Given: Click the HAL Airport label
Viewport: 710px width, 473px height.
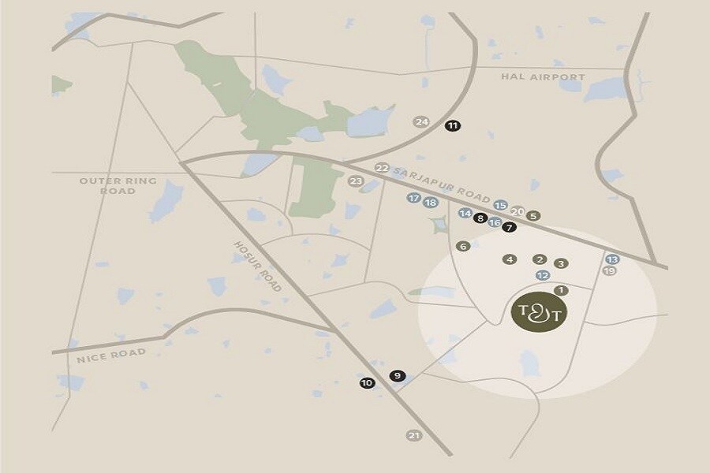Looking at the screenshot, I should pos(544,76).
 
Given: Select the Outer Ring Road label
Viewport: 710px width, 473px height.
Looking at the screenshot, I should pos(118,186).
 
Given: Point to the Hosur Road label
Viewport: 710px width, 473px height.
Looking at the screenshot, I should pos(257,266).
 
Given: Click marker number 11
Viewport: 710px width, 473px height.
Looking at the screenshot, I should pos(452,125).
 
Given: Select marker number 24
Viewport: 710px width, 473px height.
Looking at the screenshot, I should pos(421,121).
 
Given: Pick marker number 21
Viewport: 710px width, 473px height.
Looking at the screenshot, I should pos(413,435).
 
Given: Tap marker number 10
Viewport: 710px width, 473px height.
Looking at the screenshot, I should pos(366,384).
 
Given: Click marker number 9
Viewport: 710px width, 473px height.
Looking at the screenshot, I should pos(397,375).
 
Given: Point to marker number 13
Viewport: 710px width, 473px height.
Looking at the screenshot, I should pos(613,259).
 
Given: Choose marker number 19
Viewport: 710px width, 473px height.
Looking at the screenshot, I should pos(609,271).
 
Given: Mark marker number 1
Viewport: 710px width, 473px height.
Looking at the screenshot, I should pos(561,290).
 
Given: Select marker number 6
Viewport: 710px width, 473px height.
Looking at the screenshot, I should pos(463,246).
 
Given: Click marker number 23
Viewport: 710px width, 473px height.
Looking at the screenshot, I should pos(356,181).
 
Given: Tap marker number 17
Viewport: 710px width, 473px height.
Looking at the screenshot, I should pos(413,199).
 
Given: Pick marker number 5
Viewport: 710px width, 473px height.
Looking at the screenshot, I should pos(534,215).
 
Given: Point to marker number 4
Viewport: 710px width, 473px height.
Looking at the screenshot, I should pos(510,259).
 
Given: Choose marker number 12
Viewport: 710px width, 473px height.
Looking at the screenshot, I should pos(542,275).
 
